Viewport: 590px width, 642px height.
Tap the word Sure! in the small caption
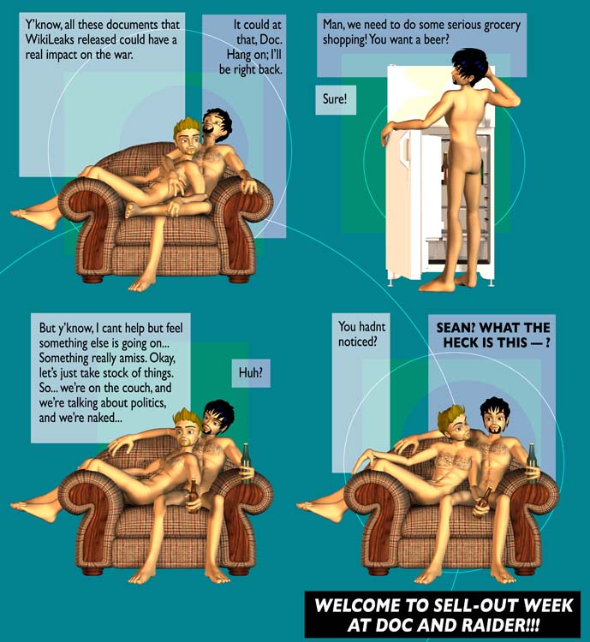click(335, 99)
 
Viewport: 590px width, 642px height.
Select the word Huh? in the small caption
click(250, 372)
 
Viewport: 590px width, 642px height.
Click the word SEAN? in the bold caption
click(456, 328)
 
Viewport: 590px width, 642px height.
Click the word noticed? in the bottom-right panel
click(357, 342)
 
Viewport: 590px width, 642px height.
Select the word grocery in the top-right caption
click(502, 26)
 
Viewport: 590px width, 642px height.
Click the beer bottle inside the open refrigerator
click(445, 168)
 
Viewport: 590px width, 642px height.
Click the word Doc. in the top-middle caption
click(272, 40)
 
